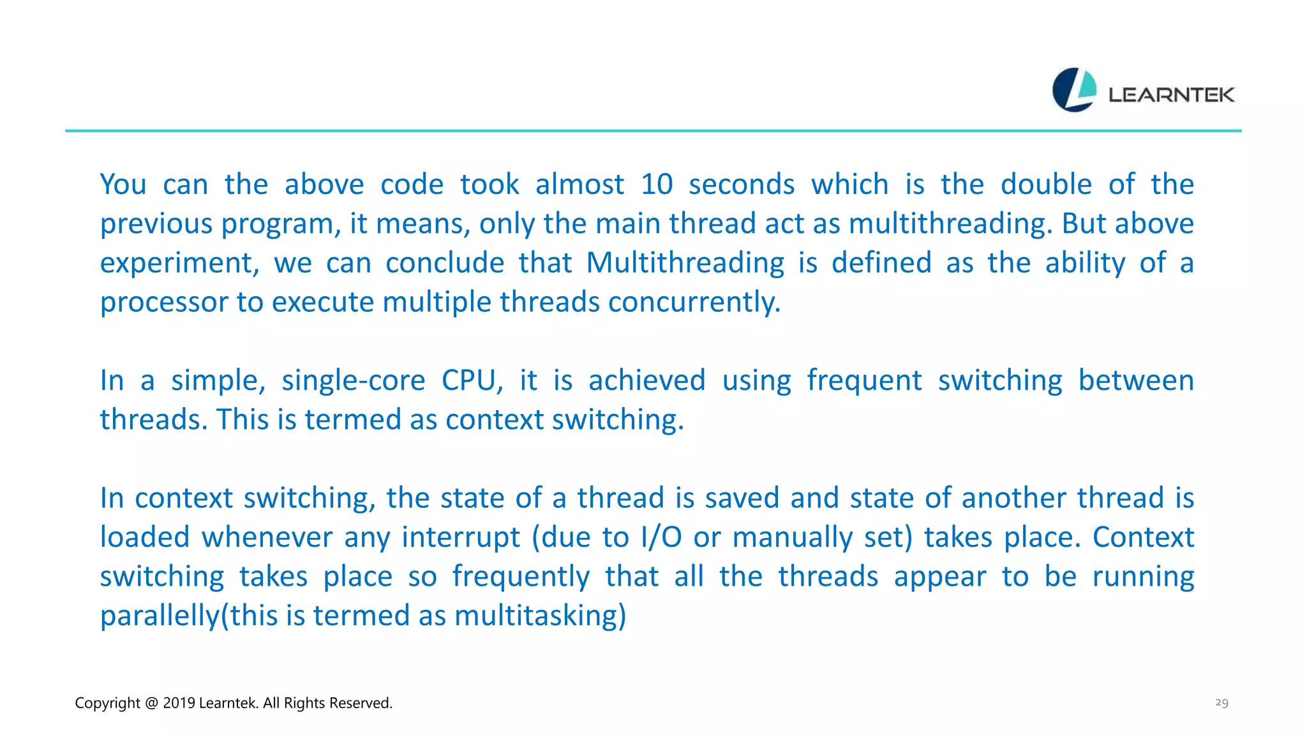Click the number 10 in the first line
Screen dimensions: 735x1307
657,184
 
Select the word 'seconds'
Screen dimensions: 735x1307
742,184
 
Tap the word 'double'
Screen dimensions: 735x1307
1046,184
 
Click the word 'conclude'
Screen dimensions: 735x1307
445,263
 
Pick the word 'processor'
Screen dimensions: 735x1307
163,302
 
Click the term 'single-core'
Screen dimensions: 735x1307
353,381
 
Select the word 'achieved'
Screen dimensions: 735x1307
646,381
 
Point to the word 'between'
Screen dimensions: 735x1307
1136,381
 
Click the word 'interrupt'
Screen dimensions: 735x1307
461,538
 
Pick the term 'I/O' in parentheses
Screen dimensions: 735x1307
661,538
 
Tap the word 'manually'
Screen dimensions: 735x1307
792,538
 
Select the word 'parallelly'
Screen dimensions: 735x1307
160,616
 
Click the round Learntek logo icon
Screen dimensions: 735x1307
1074,90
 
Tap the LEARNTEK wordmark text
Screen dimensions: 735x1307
1171,95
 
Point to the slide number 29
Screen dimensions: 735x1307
1221,702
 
